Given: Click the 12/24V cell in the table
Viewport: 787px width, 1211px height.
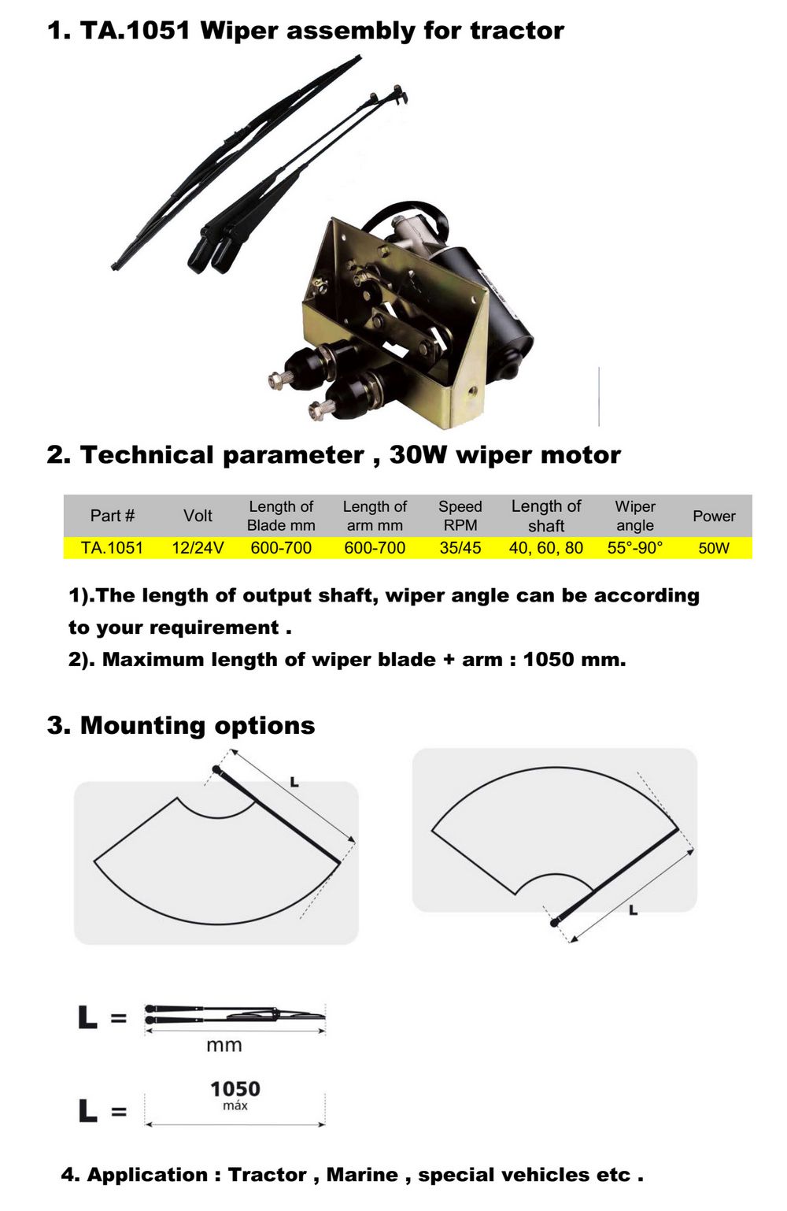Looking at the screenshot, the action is coord(198,548).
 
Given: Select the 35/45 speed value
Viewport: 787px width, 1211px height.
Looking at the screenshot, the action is coord(460,548).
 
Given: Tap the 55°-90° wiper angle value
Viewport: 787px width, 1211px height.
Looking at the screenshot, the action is coord(635,548).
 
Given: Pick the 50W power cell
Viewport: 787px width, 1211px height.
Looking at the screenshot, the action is coord(714,548).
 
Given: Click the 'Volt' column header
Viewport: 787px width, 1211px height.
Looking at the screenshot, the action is coord(198,516).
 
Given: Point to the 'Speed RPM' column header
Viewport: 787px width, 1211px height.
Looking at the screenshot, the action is coord(460,516).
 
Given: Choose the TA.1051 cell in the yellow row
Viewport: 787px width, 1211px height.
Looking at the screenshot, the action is coord(112,548).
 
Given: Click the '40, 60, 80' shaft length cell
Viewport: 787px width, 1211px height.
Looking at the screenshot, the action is coord(546,548).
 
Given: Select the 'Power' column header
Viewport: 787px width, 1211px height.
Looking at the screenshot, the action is coord(714,516).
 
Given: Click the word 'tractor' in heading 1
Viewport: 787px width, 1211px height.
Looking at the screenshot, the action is coord(517,31).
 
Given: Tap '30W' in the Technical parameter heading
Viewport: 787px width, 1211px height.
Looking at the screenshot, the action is coord(418,454).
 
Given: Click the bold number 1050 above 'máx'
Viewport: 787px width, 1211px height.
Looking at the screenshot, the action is coord(235,1088).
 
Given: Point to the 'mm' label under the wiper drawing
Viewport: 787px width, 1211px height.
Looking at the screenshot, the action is coord(224,1045).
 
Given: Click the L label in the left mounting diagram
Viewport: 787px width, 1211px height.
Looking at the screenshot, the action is coord(294,782).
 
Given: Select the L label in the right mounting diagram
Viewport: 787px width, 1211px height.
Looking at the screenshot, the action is coord(633,910).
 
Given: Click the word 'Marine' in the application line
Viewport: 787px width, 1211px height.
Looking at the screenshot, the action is coord(362,1174).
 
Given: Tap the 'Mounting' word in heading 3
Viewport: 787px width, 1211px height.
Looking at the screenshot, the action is coord(142,725).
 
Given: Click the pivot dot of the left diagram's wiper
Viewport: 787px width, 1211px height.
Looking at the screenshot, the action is coord(216,768).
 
